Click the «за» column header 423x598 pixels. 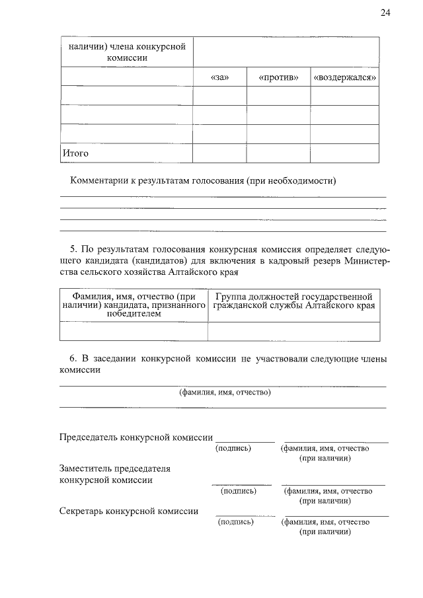219,77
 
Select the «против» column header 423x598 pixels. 278,77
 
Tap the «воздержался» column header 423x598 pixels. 345,77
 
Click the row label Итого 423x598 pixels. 75,153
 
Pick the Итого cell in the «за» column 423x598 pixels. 219,153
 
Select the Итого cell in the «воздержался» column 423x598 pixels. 345,153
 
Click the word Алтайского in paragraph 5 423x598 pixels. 192,272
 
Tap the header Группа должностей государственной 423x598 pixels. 293,297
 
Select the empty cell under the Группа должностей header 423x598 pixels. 293,331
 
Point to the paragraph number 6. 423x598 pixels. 73,359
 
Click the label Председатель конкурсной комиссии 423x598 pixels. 135,437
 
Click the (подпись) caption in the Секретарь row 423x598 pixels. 235,522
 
